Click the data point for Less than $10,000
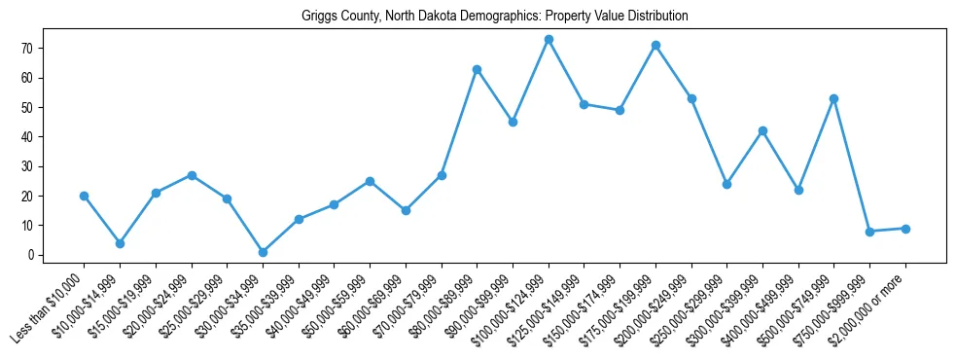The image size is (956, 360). click(x=85, y=196)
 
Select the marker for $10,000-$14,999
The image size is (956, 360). click(x=120, y=243)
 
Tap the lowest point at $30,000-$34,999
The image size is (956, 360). click(x=263, y=252)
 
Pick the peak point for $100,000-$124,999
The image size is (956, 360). click(x=549, y=39)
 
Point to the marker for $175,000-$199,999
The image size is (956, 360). click(x=655, y=45)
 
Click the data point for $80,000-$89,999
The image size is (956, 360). click(x=477, y=69)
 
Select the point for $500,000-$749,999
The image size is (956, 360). click(x=834, y=98)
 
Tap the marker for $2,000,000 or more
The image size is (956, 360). click(x=905, y=229)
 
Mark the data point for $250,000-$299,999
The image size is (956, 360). click(x=726, y=184)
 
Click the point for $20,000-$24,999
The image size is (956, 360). click(x=192, y=175)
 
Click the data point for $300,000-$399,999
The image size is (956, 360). click(x=762, y=130)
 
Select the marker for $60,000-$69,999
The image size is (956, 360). click(x=406, y=210)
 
